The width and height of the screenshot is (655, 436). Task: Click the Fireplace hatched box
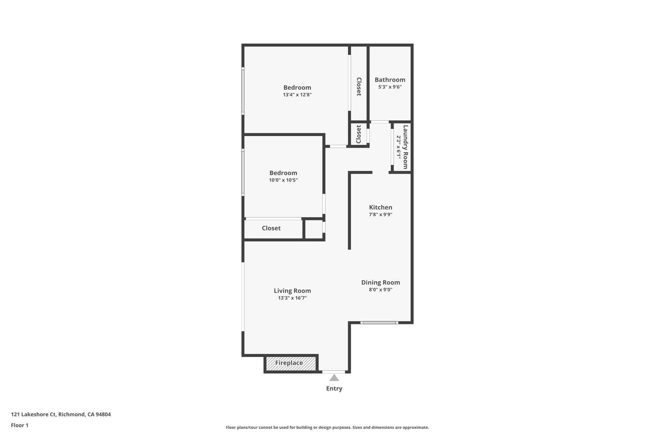291,364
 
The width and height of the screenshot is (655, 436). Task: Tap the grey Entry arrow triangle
334,378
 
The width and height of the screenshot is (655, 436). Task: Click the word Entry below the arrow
334,388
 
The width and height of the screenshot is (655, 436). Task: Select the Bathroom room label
390,80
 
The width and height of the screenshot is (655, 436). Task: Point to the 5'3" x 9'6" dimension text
390,87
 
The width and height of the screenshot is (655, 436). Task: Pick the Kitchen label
380,208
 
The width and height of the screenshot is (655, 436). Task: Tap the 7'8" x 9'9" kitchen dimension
380,215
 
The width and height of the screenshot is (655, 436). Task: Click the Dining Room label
380,283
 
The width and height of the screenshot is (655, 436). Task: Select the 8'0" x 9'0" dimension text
380,290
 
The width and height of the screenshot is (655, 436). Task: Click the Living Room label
293,291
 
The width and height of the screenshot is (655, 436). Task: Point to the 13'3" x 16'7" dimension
293,298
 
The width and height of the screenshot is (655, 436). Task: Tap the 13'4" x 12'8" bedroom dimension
297,95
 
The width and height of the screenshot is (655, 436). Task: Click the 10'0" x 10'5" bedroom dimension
283,180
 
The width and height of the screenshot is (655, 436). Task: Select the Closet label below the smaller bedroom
271,228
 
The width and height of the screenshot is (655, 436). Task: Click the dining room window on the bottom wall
379,323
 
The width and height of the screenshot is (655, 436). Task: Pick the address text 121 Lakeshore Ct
33,414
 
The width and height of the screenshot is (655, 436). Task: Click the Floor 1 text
20,425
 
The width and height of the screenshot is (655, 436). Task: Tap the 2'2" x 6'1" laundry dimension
398,147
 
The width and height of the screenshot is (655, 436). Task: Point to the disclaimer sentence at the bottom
327,427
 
